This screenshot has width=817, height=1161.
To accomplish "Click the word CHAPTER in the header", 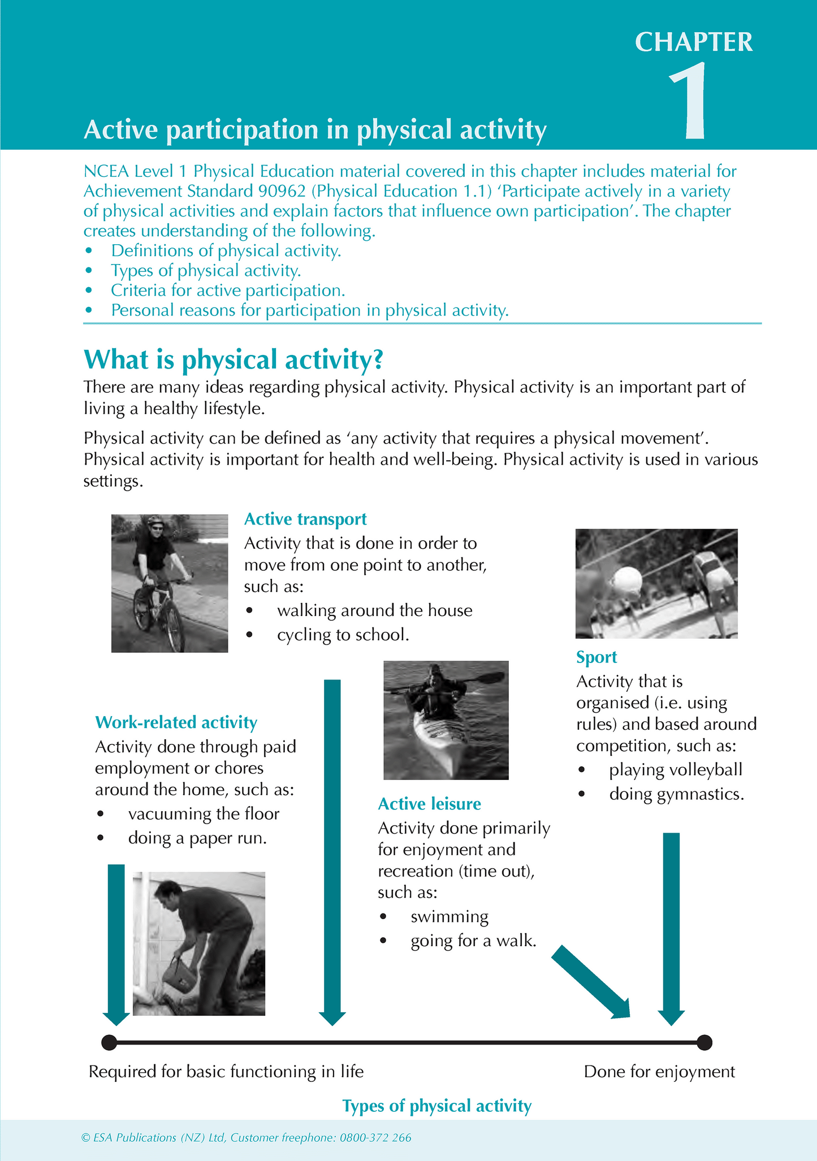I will coord(694,42).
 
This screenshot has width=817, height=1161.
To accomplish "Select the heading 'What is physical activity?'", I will coord(234,359).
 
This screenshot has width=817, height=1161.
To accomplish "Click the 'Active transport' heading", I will coord(305,519).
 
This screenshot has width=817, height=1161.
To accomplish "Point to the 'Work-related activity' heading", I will coord(176,722).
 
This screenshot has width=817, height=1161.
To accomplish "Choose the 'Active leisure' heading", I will coord(429,803).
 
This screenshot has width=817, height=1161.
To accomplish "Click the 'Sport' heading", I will coord(596,657).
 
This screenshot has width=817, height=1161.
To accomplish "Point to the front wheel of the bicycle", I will coord(175,627).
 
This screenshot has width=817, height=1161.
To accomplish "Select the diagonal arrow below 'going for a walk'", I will coord(591,982).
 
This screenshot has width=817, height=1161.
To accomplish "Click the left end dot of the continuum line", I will coord(109,1042).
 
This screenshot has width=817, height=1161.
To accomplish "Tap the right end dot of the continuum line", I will coord(704,1042).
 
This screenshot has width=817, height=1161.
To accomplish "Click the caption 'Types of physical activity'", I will coord(436,1106).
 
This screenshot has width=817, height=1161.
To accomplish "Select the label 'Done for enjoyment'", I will coord(659,1072).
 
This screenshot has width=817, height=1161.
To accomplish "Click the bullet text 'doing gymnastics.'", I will coord(676,794).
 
